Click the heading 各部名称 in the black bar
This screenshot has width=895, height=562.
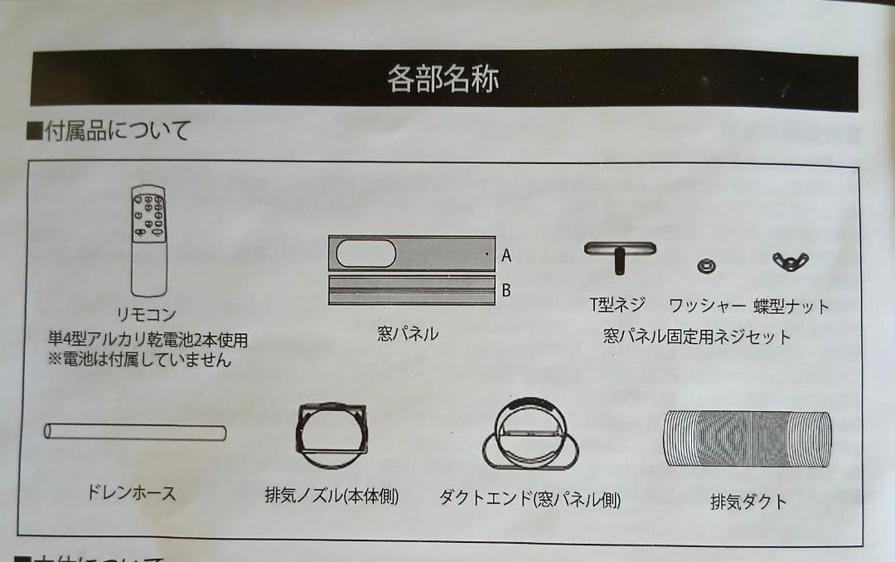(443, 79)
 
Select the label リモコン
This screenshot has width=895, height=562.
(147, 316)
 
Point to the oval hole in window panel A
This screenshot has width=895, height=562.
(365, 253)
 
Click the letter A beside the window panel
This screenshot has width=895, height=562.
(506, 256)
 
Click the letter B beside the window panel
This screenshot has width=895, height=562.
(506, 290)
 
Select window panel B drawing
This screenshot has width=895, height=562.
(412, 290)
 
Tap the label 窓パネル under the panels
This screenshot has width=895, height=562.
(408, 334)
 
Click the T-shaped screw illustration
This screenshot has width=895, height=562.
(619, 255)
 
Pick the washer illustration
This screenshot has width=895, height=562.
(706, 265)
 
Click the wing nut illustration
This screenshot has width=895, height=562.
(791, 262)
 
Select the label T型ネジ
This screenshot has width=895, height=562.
(617, 305)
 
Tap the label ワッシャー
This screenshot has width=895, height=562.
(707, 306)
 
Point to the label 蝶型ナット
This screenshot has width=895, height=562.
(791, 306)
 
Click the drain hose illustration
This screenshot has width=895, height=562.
(135, 432)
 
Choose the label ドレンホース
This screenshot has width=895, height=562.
(132, 492)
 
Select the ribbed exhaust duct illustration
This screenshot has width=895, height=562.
(747, 438)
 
